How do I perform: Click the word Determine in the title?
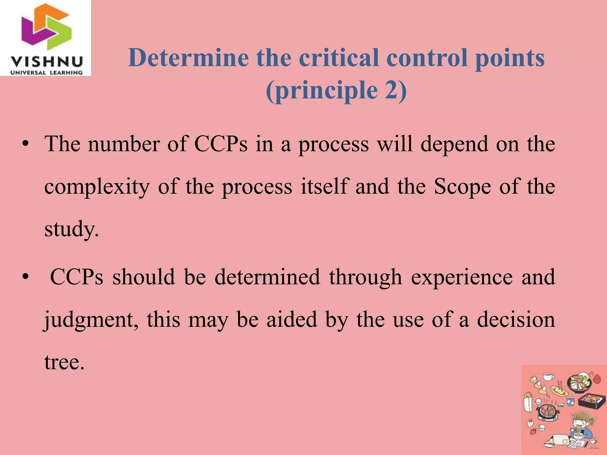pos(189,58)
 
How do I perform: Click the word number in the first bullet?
pos(124,144)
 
